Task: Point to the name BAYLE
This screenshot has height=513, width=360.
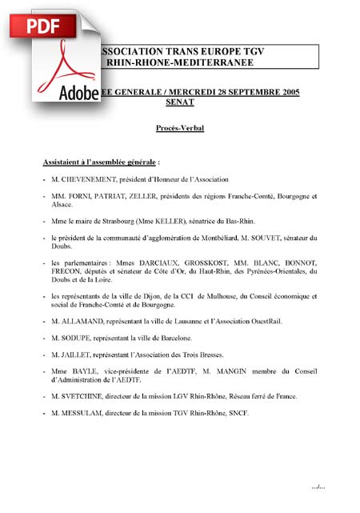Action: click(81, 371)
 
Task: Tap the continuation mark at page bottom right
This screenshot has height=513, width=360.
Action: click(319, 486)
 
